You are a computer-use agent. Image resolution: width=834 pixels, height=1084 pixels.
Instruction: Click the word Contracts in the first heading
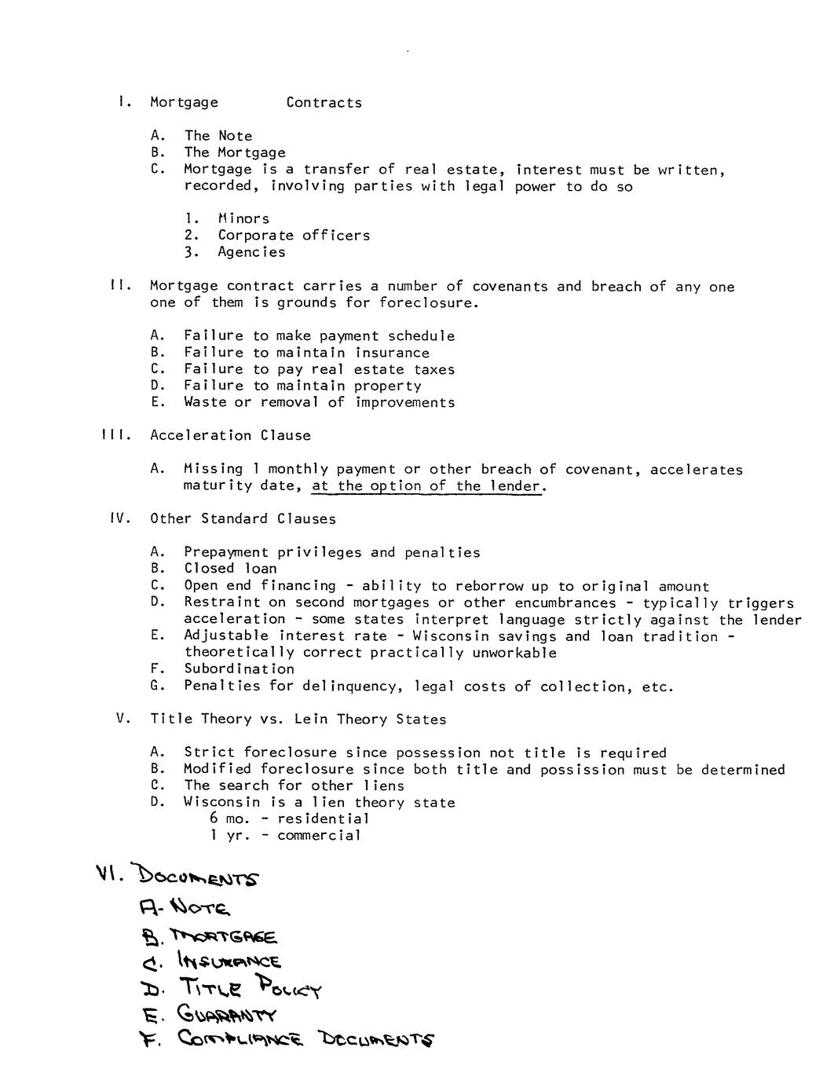coord(324,103)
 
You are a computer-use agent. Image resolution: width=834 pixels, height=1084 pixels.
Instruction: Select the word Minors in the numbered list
coord(243,218)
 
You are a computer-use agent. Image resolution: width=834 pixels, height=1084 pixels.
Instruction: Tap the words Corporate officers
coord(294,235)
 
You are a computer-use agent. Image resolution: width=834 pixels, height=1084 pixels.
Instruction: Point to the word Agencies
coord(251,252)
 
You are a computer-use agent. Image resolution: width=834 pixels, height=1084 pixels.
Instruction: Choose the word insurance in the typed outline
coord(392,353)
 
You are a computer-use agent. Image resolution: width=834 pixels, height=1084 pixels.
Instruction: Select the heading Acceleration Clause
coord(230,435)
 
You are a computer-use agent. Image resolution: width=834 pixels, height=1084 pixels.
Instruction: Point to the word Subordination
coord(239,669)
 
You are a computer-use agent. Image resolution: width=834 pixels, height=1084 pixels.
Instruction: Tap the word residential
coord(323,818)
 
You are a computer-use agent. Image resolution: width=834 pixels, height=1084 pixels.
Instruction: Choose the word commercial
coord(319,835)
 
